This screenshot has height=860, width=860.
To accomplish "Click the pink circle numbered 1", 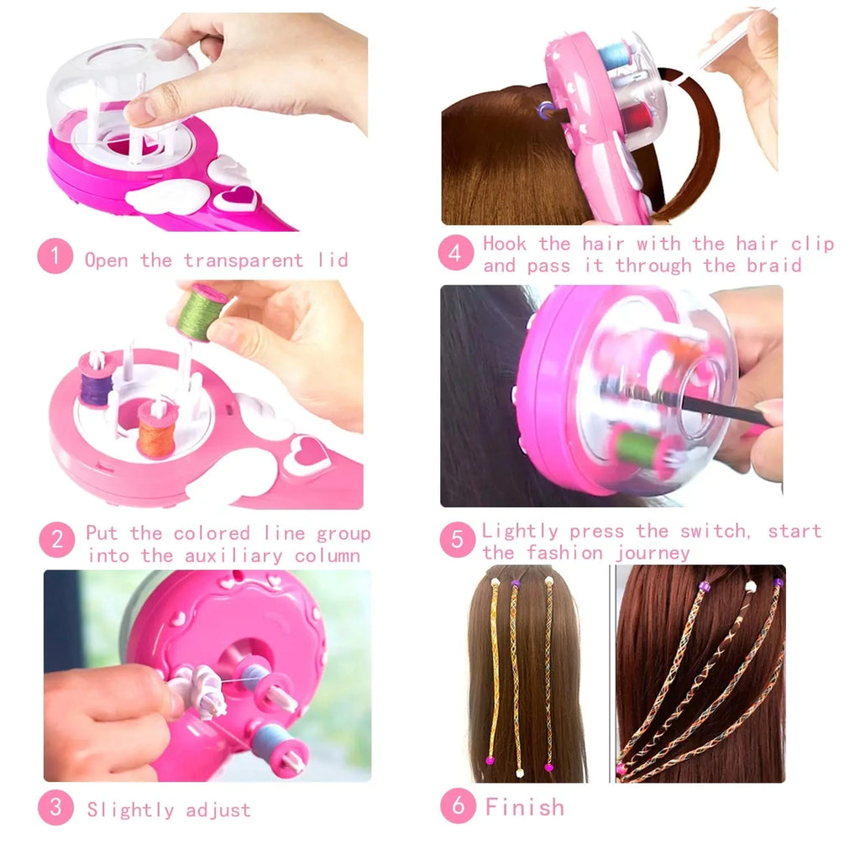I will point(55,257).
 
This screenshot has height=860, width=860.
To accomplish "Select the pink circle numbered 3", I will point(55,808).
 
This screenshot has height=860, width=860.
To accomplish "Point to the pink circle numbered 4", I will point(455,254).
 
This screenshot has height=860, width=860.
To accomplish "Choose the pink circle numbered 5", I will point(457,540).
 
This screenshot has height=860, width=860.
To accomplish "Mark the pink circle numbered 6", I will point(458,806).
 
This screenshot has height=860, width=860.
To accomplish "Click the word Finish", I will point(525,808).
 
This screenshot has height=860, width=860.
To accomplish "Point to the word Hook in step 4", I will point(505,244).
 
